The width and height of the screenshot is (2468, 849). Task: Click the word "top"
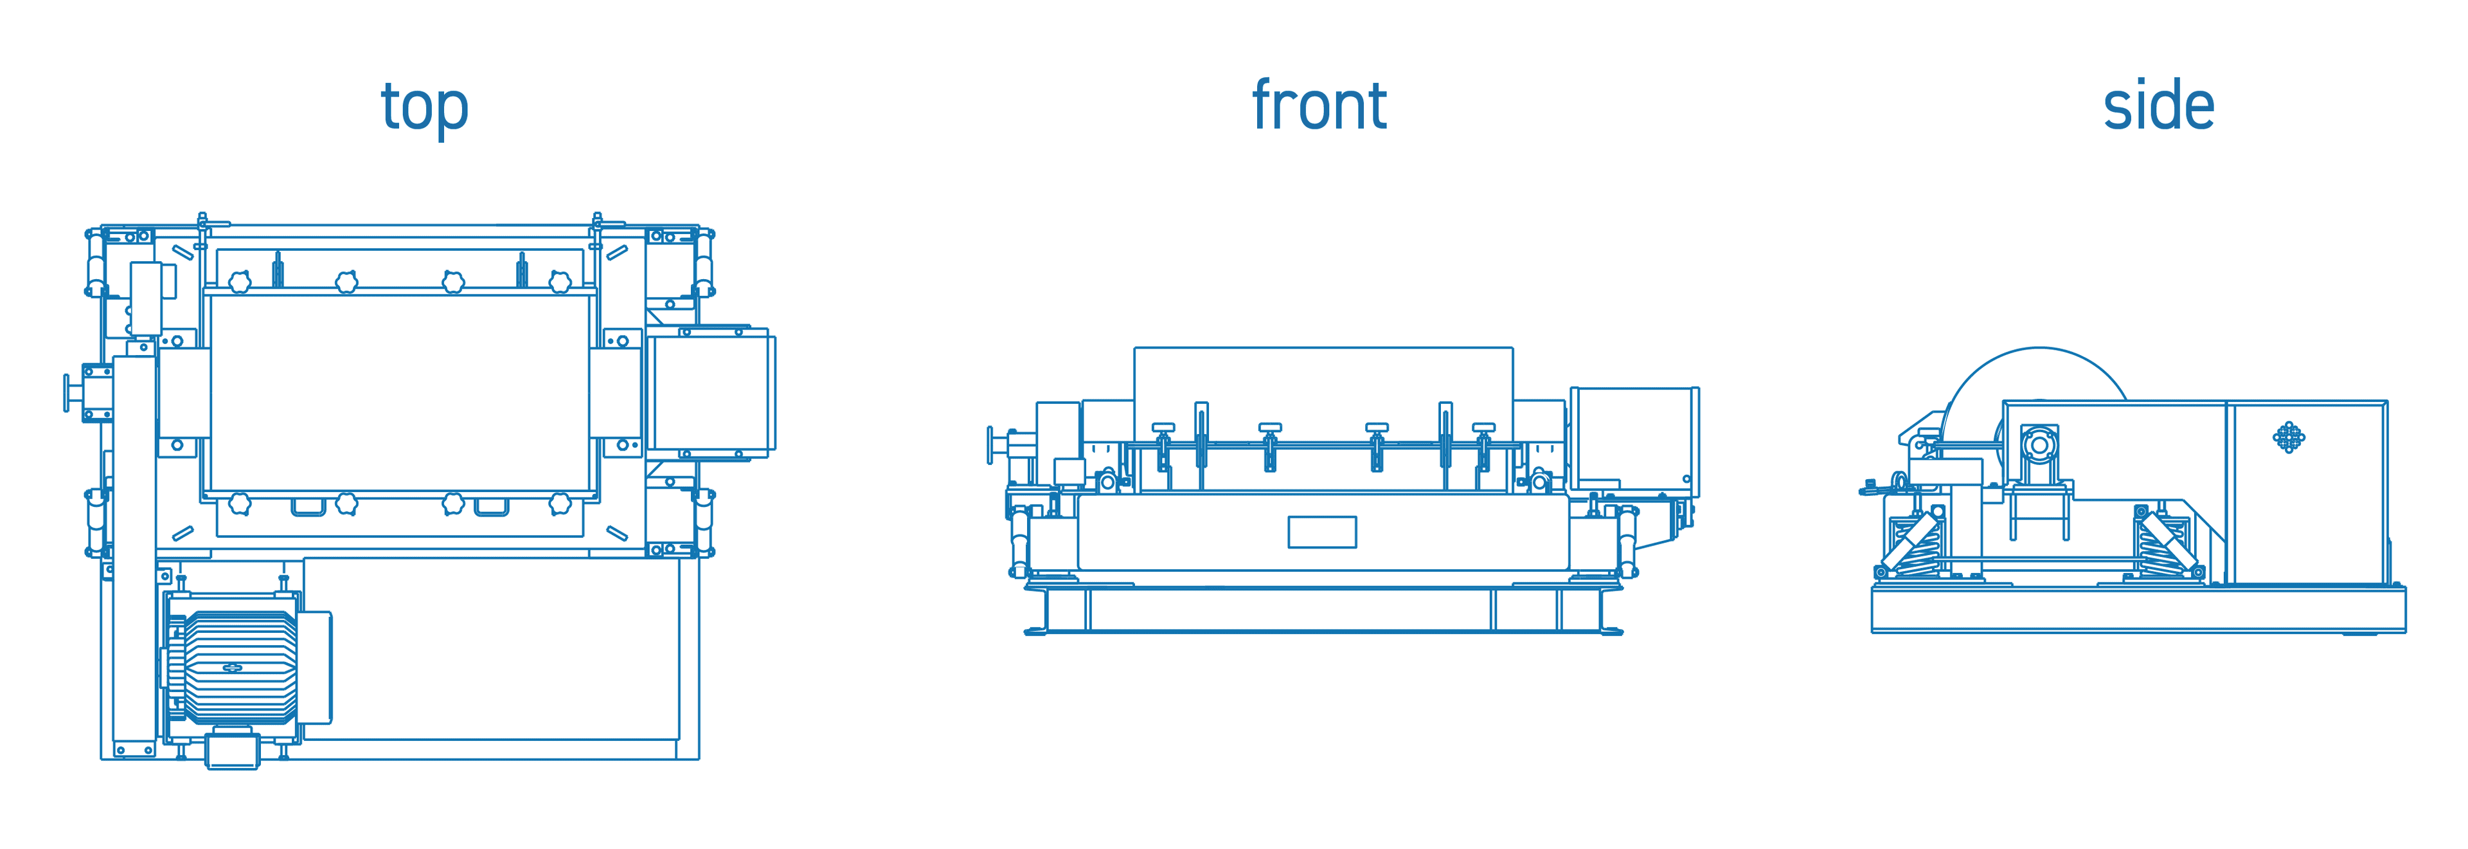[424, 107]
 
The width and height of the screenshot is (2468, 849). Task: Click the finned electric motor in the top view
[240, 667]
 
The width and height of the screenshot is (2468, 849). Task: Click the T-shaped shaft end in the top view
[69, 393]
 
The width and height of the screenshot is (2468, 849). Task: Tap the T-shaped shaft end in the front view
[992, 444]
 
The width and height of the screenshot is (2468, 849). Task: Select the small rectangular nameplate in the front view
[1322, 532]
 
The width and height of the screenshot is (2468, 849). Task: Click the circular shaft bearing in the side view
[2039, 446]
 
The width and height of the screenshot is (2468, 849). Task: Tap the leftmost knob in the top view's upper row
[240, 282]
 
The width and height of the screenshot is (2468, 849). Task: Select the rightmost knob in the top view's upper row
[560, 282]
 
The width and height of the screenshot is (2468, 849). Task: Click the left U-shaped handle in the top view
[308, 507]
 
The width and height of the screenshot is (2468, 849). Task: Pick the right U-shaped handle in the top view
[492, 507]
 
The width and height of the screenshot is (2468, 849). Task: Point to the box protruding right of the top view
[711, 392]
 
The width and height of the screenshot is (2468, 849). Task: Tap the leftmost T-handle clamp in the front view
[1163, 428]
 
